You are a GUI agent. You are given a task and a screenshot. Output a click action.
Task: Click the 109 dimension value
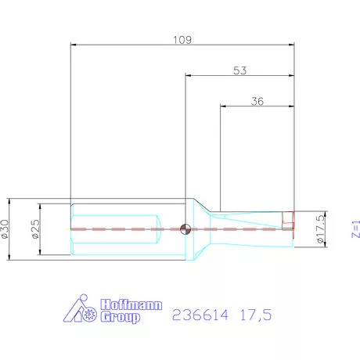[183, 38]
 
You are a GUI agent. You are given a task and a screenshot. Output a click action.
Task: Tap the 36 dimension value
[257, 100]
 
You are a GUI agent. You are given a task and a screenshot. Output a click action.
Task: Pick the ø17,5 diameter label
[319, 229]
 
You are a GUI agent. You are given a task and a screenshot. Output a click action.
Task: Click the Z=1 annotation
[354, 228]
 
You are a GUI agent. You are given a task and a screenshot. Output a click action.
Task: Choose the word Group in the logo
[121, 318]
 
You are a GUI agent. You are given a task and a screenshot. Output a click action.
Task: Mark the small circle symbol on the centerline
[185, 229]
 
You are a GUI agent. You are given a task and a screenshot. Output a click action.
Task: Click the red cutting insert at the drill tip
[290, 223]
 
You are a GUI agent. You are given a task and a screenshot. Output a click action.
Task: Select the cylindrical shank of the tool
[117, 228]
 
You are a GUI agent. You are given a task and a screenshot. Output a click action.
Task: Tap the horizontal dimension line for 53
[211, 76]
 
